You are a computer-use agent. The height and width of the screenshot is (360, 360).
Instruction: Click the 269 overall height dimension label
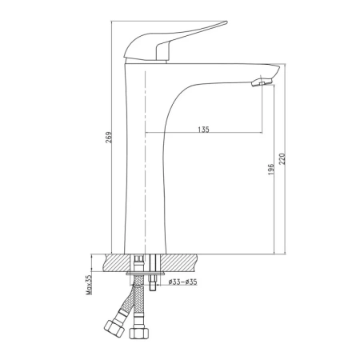coord(109,137)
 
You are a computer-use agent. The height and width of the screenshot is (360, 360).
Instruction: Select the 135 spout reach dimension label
coord(204,130)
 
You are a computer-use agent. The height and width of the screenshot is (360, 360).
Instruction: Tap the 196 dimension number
coord(270,170)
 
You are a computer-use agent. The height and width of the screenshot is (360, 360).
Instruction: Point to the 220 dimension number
coord(282,158)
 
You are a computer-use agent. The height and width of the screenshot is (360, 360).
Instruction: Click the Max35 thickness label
coord(89,285)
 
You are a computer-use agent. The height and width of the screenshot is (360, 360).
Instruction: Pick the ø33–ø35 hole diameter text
coord(183,282)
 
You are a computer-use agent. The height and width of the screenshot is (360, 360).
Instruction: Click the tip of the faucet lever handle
coord(226,22)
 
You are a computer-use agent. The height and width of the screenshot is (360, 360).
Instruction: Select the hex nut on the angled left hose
coord(114,328)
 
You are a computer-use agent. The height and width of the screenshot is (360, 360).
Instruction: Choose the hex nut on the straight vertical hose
coord(138,333)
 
